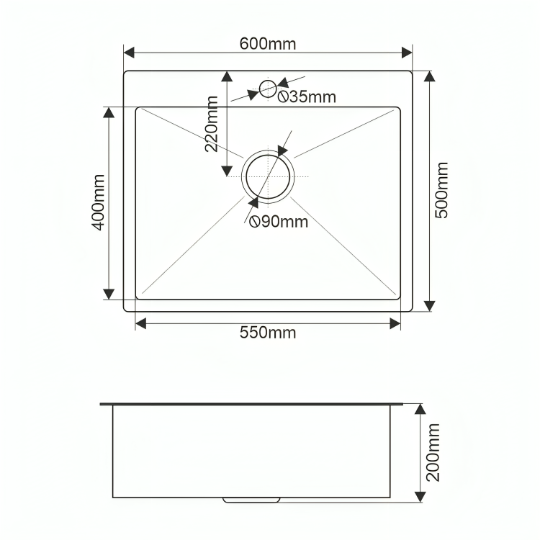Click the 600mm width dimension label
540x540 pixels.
tap(268, 44)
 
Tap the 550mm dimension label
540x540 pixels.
tap(268, 333)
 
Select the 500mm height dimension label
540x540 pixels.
tap(441, 190)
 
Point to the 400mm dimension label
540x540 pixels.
tap(98, 202)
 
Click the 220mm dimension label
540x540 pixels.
tap(212, 124)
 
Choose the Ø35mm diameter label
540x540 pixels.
tap(307, 96)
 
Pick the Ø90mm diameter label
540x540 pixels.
tap(279, 222)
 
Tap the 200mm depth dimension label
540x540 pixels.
tap(433, 453)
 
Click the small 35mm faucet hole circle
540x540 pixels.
tap(268, 81)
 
